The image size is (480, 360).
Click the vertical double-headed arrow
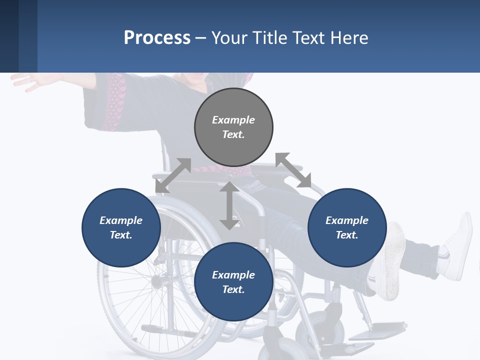[x=229, y=206]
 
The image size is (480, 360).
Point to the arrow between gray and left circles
[x=173, y=175]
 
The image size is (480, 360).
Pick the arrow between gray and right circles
[x=293, y=170]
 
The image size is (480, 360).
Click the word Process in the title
[x=157, y=37]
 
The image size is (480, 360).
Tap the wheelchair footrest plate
[x=382, y=330]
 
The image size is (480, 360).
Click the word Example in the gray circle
[x=233, y=120]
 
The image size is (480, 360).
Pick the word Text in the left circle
[x=121, y=235]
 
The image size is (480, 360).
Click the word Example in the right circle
[x=347, y=220]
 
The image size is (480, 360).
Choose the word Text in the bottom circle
[x=233, y=289]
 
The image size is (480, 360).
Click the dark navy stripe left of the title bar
[x=9, y=36]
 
